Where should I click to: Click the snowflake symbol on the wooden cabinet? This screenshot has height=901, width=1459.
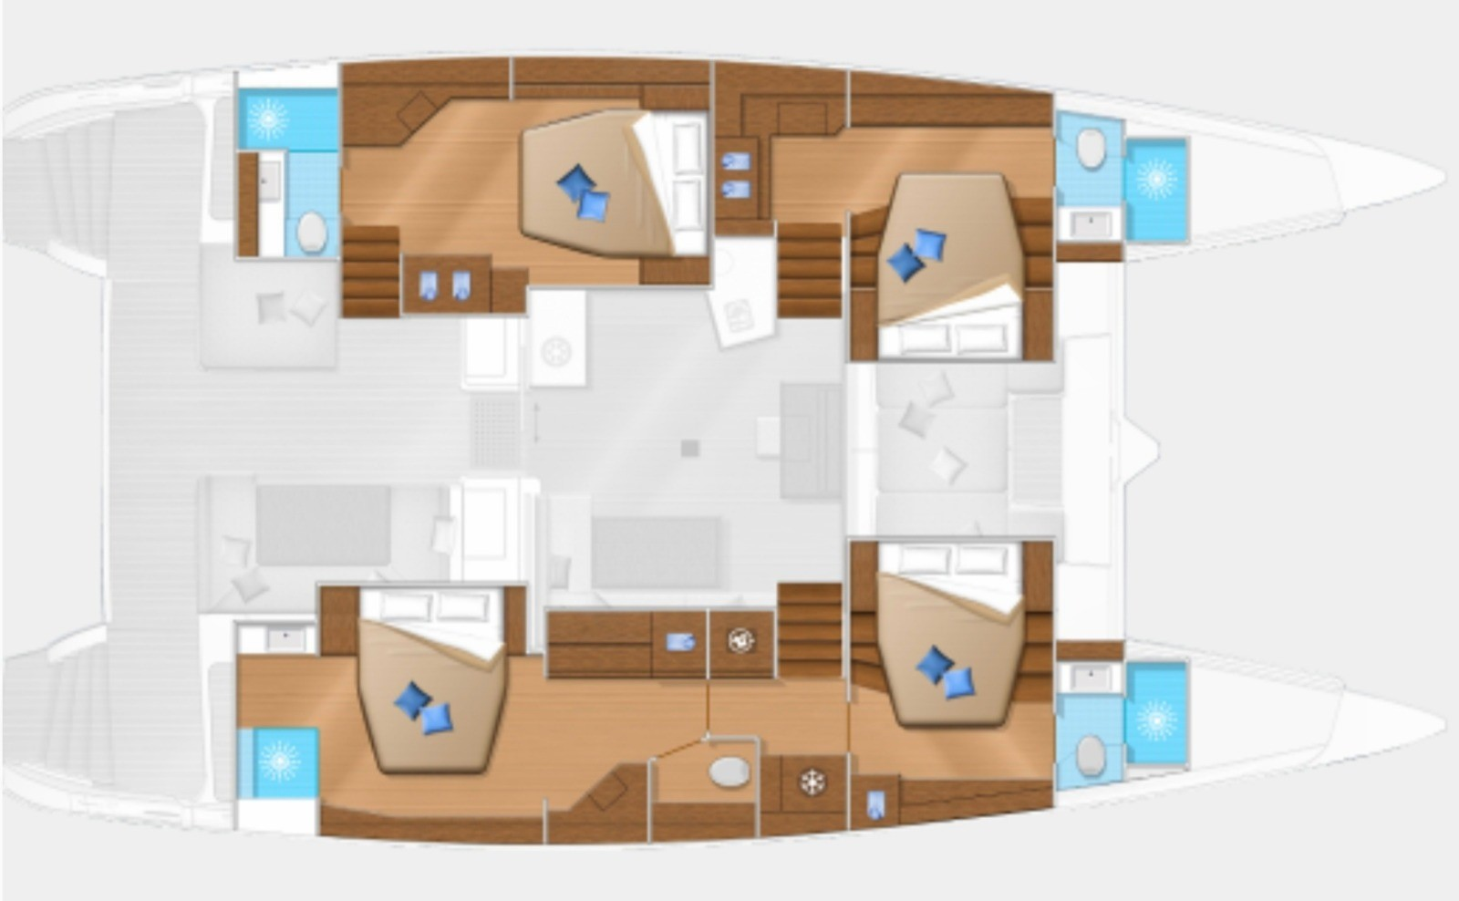[x=809, y=781]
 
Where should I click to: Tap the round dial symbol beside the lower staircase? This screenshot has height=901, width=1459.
[x=740, y=640]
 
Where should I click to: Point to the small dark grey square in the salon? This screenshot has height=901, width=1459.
[x=690, y=448]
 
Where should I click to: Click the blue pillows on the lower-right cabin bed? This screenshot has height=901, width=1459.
[x=945, y=672]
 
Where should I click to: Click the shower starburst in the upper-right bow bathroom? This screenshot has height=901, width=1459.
[x=1155, y=179]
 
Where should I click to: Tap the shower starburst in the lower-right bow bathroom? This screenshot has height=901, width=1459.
[x=1155, y=720]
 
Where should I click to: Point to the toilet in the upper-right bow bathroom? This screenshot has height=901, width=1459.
[x=1090, y=146]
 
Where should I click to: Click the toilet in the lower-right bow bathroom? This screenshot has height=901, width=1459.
[x=1090, y=754]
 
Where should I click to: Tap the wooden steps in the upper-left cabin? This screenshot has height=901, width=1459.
[x=370, y=271]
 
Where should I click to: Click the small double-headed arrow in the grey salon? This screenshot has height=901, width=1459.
[x=536, y=421]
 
